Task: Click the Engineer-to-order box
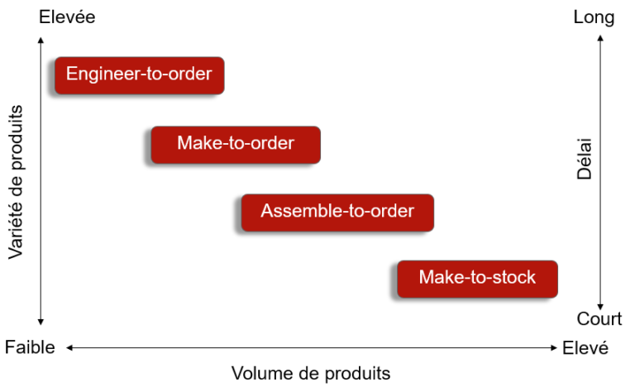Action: click(139, 75)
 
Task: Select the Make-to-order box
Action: click(236, 145)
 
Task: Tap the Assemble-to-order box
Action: click(337, 213)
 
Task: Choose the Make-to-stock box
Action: click(477, 279)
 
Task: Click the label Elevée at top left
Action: click(67, 17)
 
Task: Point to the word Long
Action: click(594, 18)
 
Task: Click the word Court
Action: click(599, 319)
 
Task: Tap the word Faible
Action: click(30, 347)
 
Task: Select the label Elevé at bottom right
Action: click(585, 347)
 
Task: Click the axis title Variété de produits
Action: click(17, 182)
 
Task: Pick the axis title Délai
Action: click(585, 159)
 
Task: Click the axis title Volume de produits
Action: click(311, 373)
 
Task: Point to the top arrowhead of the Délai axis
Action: click(600, 38)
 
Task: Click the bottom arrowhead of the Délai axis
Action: click(600, 308)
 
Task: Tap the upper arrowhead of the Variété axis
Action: click(41, 40)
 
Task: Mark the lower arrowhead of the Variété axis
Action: click(41, 322)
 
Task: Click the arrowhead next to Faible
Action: click(69, 347)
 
